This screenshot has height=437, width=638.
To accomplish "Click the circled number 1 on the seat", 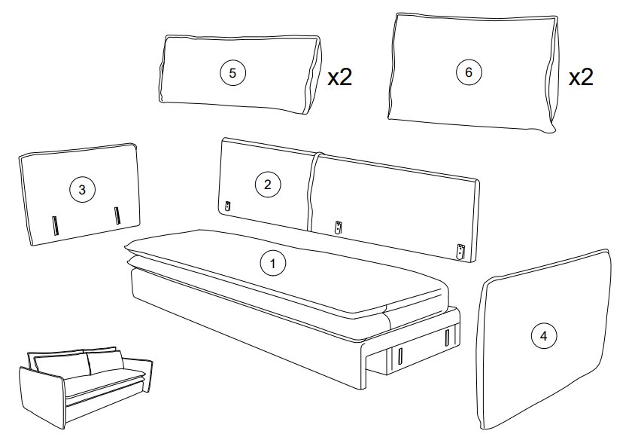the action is pyautogui.click(x=272, y=264).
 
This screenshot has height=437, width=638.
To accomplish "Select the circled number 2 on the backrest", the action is pyautogui.click(x=267, y=185).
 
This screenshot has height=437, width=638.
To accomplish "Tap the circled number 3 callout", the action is pyautogui.click(x=82, y=190).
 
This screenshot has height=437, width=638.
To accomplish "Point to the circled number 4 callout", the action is pyautogui.click(x=544, y=336).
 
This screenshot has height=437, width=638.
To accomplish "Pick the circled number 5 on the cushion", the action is pyautogui.click(x=232, y=73).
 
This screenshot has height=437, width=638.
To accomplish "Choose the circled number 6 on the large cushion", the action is pyautogui.click(x=468, y=72).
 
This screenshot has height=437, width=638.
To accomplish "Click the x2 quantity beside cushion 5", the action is pyautogui.click(x=340, y=77).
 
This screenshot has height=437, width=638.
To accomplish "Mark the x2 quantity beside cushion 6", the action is pyautogui.click(x=581, y=77).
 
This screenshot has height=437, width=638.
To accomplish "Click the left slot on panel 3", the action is pyautogui.click(x=56, y=225).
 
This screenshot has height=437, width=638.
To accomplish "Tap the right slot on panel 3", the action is pyautogui.click(x=117, y=215).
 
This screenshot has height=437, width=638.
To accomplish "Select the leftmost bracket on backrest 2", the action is pyautogui.click(x=228, y=206).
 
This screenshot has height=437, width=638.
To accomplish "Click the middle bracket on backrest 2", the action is pyautogui.click(x=339, y=228).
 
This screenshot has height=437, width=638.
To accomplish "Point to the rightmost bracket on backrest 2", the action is pyautogui.click(x=460, y=252).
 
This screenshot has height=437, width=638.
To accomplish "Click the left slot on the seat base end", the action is pyautogui.click(x=400, y=358).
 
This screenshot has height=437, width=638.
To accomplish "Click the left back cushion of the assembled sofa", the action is pyautogui.click(x=61, y=366).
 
